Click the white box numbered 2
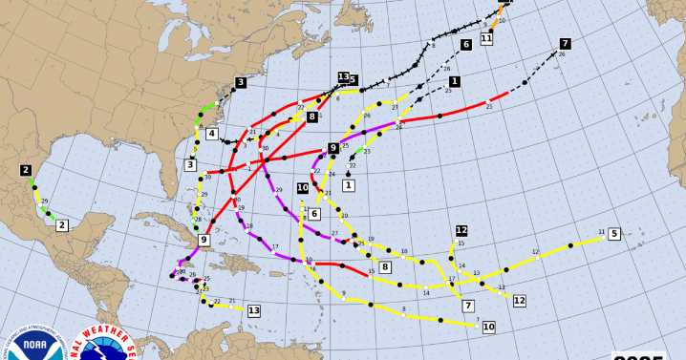62,225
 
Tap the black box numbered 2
26,170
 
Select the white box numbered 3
190,165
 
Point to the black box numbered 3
241,83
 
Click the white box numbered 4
211,134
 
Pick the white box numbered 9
204,240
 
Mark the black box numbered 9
333,148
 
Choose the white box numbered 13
253,310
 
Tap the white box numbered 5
613,234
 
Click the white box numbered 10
488,327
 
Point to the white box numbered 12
519,301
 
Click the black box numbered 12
461,230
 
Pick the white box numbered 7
468,306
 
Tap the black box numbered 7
565,44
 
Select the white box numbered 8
385,266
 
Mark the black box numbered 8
311,116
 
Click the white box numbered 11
486,38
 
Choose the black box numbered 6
466,45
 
